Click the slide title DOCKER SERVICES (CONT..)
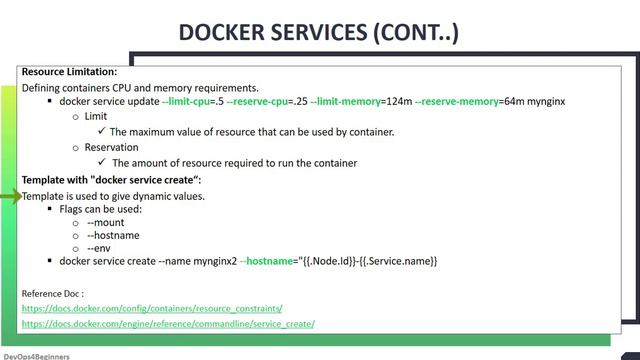coord(318,32)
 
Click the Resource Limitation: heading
coord(69,72)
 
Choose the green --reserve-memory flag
coord(455,102)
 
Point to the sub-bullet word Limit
coord(96,117)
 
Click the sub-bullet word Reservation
coord(111,148)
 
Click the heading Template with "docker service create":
coord(111,180)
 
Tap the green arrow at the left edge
coord(10,197)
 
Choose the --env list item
coord(100,247)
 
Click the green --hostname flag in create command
coord(263,261)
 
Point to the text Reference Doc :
coord(52,294)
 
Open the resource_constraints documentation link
coord(151,309)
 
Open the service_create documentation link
coord(167,324)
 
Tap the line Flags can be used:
coord(100,210)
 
